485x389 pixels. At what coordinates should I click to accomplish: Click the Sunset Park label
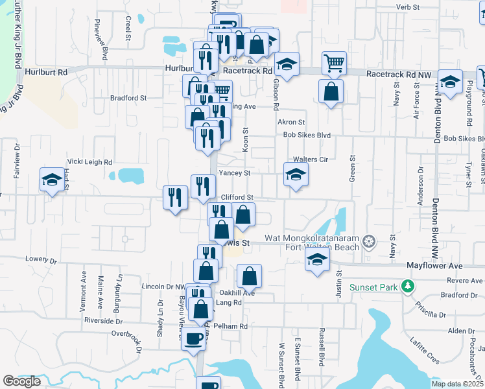(x=374, y=287)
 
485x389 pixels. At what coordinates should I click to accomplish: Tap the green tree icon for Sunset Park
(x=407, y=285)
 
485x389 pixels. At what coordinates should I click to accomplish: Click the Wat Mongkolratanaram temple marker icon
(x=369, y=242)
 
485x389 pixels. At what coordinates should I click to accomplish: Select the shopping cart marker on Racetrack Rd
(x=335, y=64)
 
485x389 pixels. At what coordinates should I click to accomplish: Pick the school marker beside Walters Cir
(x=296, y=174)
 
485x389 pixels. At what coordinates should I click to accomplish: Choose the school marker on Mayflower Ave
(x=317, y=260)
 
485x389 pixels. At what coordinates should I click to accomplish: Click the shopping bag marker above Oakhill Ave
(x=249, y=276)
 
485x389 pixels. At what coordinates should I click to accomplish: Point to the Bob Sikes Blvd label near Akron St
(x=307, y=136)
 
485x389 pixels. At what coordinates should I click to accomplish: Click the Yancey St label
(x=234, y=173)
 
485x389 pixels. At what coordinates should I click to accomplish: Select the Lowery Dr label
(x=37, y=259)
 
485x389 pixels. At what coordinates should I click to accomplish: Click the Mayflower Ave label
(x=434, y=266)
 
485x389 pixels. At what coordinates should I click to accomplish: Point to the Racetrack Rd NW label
(x=399, y=75)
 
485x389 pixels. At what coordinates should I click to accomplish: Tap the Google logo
(x=22, y=381)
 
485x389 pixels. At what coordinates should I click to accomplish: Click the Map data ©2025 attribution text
(x=456, y=384)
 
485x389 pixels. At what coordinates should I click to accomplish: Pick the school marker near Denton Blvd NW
(x=450, y=81)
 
